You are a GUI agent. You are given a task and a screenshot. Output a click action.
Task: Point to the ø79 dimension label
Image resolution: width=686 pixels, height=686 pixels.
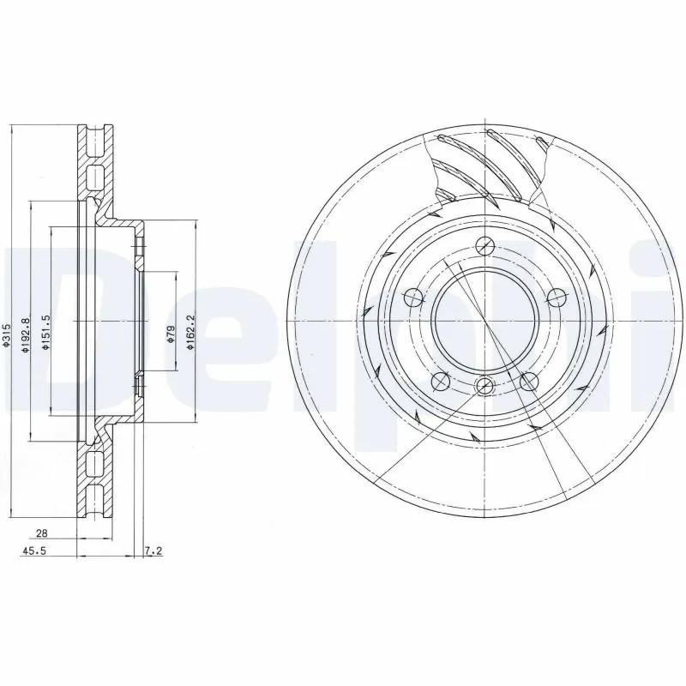point(170,334)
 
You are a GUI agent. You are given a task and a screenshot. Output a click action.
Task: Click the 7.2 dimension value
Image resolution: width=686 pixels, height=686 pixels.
point(153,552)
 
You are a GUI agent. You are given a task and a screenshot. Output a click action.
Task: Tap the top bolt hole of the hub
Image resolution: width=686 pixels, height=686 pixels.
point(484,245)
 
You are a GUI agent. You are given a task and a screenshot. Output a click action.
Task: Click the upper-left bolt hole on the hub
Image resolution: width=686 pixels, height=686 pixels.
point(412,298)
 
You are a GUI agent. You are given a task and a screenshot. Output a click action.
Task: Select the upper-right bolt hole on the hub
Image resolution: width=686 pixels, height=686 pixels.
point(557,298)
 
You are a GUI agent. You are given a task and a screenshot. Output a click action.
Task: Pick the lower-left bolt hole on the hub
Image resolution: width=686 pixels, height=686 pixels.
point(440,380)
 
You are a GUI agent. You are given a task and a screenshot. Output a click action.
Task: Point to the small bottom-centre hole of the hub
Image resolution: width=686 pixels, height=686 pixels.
point(484,385)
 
